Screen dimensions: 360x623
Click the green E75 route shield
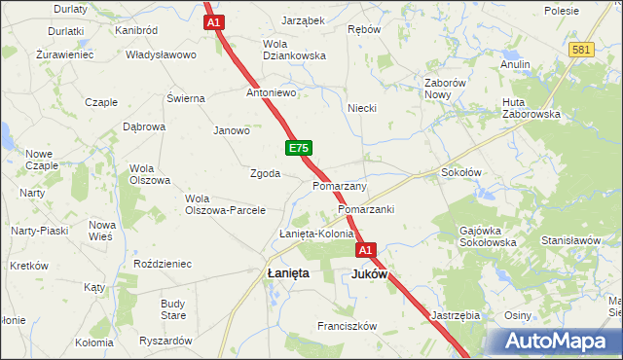[x=299, y=148]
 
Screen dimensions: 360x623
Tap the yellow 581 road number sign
[x=582, y=50]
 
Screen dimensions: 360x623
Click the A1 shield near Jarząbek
[x=215, y=21]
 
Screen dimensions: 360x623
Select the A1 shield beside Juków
[x=365, y=251]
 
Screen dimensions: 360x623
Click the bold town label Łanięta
[x=288, y=274]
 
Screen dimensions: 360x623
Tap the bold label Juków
[x=369, y=274]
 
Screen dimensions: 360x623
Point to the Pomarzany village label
[x=340, y=185]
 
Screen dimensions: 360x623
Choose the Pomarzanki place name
[x=365, y=209]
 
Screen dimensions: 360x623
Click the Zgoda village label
[x=266, y=174]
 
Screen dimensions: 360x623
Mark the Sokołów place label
[x=461, y=172]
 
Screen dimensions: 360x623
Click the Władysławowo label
[x=161, y=54]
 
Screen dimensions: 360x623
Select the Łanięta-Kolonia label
[x=316, y=234]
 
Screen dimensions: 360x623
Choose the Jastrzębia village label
[x=455, y=315]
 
